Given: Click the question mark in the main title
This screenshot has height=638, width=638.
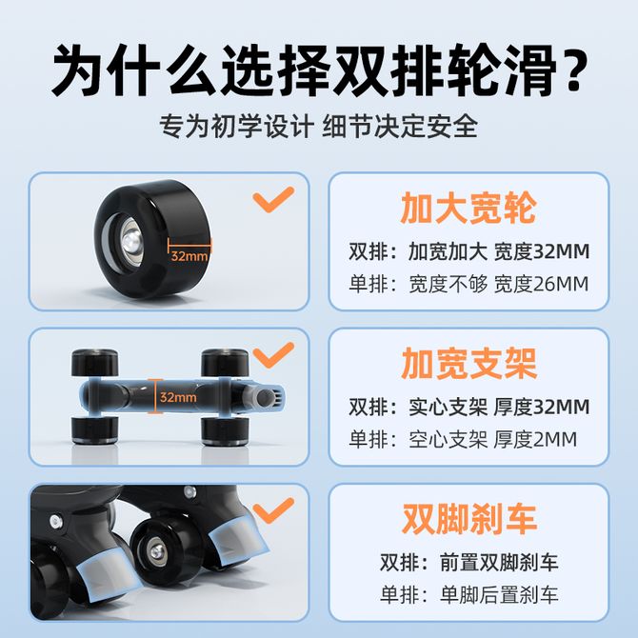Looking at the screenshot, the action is tap(573, 70).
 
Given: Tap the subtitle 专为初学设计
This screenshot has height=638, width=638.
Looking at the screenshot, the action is tap(237, 126).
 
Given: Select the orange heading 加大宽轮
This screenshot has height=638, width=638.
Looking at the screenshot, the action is tap(469, 208).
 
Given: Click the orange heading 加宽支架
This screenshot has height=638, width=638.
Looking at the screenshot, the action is tap(469, 364).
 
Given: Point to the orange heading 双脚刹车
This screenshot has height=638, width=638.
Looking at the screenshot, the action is tap(469, 519).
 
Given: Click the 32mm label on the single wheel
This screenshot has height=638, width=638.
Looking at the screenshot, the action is tap(189, 256).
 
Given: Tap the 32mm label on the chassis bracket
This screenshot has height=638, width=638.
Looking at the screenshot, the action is tap(178, 397).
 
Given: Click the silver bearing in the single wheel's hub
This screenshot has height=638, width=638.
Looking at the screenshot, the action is tap(131, 239).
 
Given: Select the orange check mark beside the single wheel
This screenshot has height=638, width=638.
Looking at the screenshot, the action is tap(273, 199).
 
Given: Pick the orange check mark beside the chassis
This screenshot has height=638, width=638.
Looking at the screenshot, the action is tap(273, 355).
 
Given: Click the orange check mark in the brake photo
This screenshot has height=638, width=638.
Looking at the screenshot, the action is tap(273, 510).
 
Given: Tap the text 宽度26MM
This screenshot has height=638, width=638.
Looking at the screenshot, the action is tap(541, 284).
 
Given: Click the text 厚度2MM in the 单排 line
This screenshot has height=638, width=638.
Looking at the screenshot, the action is tap(535, 439).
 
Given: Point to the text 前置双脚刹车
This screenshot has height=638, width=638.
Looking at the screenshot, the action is tap(499, 563).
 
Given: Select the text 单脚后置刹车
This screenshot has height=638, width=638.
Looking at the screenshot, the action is tap(499, 595).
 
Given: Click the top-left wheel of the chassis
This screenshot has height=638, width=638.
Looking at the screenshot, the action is tap(95, 362).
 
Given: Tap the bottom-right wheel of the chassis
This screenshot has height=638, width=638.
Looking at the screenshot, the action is tap(226, 430).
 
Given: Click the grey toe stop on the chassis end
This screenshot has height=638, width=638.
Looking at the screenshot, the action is tap(266, 397).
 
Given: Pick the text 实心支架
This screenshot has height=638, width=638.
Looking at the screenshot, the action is tap(448, 407).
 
